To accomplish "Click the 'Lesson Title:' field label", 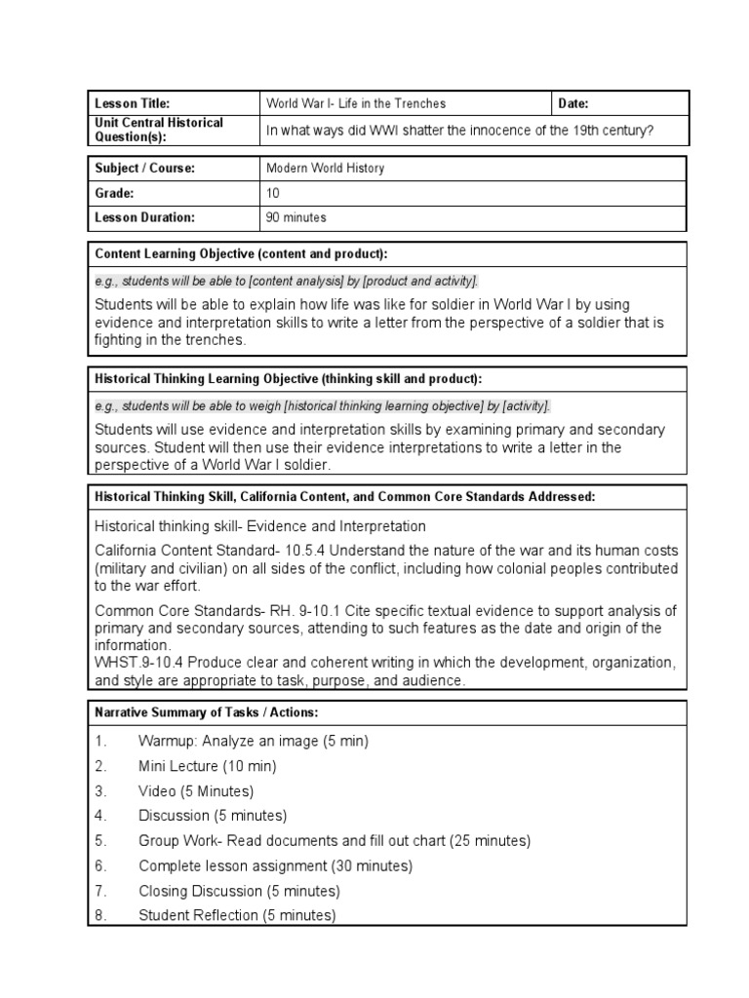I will coord(132,103).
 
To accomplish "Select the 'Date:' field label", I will coord(573,103).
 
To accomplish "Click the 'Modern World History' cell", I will coord(326,168).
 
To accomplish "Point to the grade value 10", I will coord(273,193).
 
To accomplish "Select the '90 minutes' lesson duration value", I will coord(296,217).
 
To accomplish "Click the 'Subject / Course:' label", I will coord(145,168).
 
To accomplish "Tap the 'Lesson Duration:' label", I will coord(144,217).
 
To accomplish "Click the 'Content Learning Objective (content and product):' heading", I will coord(241,254).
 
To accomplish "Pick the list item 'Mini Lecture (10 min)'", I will coord(208,766).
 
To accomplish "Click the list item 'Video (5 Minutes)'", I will coord(196,790).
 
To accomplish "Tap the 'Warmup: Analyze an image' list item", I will coord(254,741).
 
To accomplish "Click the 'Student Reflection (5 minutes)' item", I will coord(237,915).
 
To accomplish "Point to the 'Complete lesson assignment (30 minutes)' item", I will coord(276,865).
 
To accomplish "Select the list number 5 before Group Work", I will coord(99,840).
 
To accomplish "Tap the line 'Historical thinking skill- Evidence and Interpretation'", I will coord(260,526).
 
